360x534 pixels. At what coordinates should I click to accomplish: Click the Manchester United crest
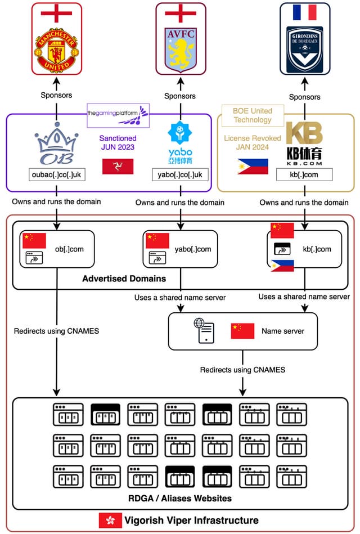(x=56, y=50)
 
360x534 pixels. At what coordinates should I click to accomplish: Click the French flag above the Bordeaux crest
(x=305, y=12)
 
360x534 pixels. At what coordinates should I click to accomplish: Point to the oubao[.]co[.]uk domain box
(x=56, y=174)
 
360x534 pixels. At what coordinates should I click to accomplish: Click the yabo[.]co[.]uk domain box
(x=180, y=174)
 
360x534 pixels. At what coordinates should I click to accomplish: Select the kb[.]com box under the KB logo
(x=304, y=174)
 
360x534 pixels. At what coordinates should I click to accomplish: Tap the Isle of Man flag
(x=118, y=166)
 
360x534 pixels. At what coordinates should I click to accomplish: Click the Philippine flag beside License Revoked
(x=252, y=167)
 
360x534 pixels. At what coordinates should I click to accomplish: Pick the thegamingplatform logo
(x=118, y=114)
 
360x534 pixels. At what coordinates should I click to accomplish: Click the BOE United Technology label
(x=253, y=115)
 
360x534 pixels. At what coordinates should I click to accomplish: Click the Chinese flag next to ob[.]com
(x=34, y=241)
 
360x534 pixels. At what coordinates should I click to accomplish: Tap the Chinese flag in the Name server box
(x=242, y=331)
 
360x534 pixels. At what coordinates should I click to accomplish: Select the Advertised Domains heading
(x=124, y=279)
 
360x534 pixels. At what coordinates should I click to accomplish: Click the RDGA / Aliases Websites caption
(x=179, y=498)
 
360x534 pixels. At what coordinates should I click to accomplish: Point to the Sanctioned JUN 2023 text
(x=118, y=143)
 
